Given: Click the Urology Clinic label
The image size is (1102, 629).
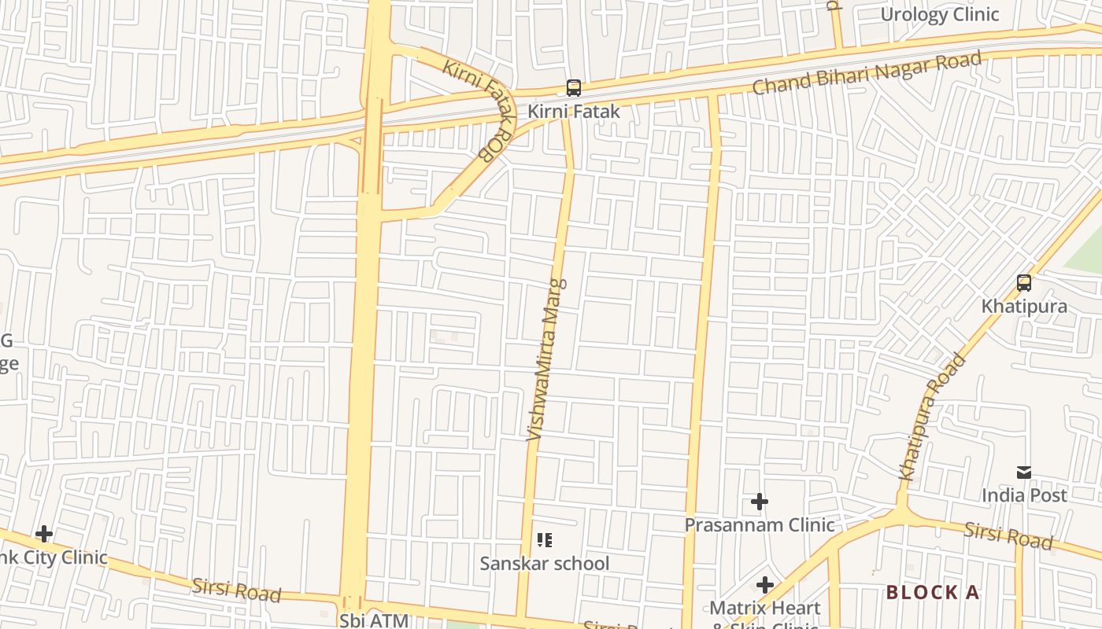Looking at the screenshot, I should [x=939, y=14].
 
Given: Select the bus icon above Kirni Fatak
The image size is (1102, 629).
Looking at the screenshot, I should [x=574, y=88].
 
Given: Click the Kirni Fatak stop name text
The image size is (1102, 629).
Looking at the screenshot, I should [x=574, y=112].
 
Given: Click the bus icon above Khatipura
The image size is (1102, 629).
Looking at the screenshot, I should [x=1024, y=283].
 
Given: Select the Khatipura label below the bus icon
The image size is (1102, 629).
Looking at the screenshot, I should [x=1024, y=306].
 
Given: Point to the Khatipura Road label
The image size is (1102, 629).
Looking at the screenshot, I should [x=932, y=417].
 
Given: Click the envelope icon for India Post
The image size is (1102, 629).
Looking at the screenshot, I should [x=1024, y=472].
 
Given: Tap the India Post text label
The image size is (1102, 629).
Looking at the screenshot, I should [x=1024, y=495].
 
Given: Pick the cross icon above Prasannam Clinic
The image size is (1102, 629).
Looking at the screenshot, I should [x=760, y=502].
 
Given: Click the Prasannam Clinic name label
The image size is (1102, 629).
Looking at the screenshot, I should [x=760, y=524].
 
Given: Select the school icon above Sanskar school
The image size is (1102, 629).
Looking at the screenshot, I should [x=545, y=540].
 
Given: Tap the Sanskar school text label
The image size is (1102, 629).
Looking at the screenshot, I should [x=545, y=563].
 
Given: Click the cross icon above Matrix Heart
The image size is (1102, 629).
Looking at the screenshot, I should [x=765, y=585].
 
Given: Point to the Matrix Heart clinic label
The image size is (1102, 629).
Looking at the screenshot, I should [x=765, y=609].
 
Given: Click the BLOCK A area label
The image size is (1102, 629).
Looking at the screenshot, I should [x=934, y=592].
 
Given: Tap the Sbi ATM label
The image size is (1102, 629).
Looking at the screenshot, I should [x=375, y=620].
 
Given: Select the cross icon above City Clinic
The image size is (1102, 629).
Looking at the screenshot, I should [x=44, y=535].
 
